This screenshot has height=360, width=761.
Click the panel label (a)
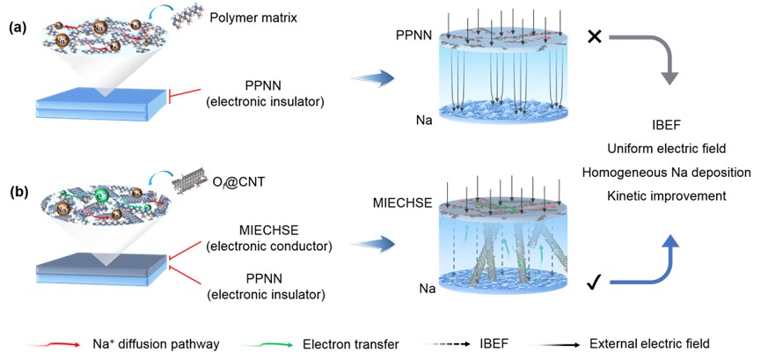pos(18,28)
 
